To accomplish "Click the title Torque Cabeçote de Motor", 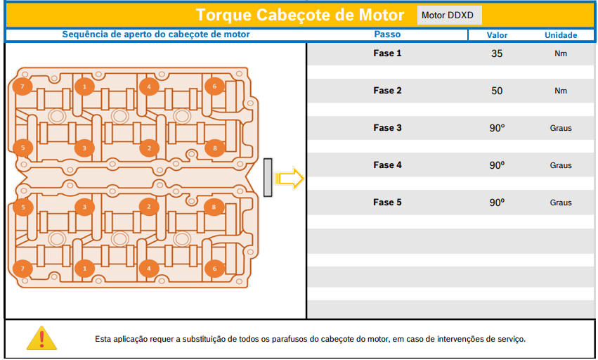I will (x=300, y=15).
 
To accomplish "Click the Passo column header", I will (x=387, y=34).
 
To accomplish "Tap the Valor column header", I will (x=497, y=35).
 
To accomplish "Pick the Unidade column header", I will (x=561, y=35).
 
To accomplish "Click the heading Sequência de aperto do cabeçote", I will (x=156, y=34).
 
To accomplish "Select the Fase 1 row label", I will (x=387, y=53).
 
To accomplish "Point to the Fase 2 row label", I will (x=387, y=91).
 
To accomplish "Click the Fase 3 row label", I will (x=387, y=128).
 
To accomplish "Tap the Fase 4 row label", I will (x=387, y=165).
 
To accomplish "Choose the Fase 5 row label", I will (x=387, y=202).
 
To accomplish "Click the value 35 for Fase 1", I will (x=497, y=53).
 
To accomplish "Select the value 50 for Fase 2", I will (x=497, y=91).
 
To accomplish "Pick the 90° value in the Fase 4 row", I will (x=497, y=165).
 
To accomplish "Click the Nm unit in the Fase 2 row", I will (x=561, y=91).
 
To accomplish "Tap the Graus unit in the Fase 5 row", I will (x=561, y=202).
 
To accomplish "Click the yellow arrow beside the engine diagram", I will (x=290, y=179).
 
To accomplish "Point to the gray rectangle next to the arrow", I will (x=268, y=177).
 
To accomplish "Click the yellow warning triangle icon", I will (x=41, y=338).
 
